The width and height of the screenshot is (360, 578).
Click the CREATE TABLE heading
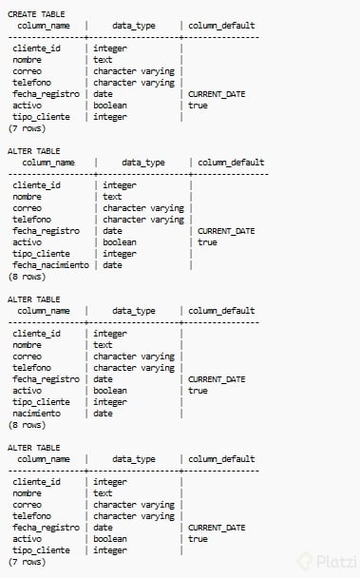[x=36, y=14]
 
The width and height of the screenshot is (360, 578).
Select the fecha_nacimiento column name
[x=51, y=265]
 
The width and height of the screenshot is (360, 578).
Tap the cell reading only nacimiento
[x=36, y=414]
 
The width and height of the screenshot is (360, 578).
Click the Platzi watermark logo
[x=327, y=561]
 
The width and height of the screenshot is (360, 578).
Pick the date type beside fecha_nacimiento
[x=112, y=265]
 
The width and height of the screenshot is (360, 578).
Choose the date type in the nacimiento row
[x=103, y=414]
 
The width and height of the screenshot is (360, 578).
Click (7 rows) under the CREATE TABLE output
[x=27, y=128]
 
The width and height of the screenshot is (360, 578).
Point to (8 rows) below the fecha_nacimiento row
[x=27, y=277]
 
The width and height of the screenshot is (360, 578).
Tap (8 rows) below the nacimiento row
[x=27, y=425]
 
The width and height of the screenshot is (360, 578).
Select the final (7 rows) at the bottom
[x=27, y=562]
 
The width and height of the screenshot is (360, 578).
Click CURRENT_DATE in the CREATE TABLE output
[x=217, y=94]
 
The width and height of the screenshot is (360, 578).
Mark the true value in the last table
[x=198, y=539]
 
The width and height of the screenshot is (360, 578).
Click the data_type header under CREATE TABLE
[x=134, y=26]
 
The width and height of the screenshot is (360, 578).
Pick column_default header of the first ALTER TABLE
[x=231, y=163]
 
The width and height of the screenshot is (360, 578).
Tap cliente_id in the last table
[x=36, y=482]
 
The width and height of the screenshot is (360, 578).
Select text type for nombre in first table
[x=103, y=60]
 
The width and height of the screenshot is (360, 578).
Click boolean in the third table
[x=110, y=391]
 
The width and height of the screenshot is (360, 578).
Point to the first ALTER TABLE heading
[x=34, y=151]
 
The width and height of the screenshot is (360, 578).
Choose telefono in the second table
[x=31, y=220]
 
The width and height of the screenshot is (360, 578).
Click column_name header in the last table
[x=44, y=459]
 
